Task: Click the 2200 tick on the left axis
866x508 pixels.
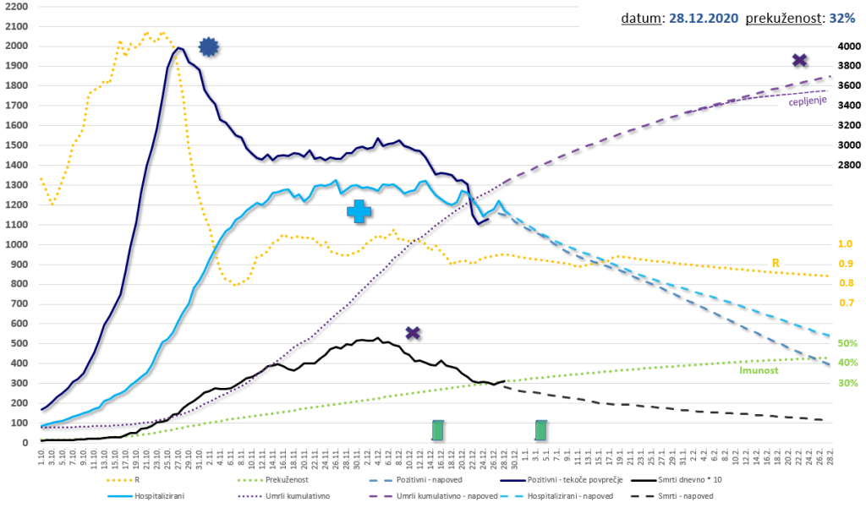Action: pyautogui.click(x=16, y=7)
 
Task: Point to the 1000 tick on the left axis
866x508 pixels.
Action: pyautogui.click(x=16, y=244)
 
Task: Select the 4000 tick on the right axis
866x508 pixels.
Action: pyautogui.click(x=848, y=46)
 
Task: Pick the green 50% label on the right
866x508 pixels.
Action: pyautogui.click(x=847, y=343)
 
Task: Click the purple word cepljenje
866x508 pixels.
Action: pyautogui.click(x=808, y=102)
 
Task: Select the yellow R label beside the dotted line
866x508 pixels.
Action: pyautogui.click(x=776, y=264)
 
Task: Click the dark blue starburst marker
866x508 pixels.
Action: pyautogui.click(x=209, y=48)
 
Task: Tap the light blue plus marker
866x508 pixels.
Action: pyautogui.click(x=359, y=211)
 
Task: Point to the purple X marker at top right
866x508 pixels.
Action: pyautogui.click(x=799, y=60)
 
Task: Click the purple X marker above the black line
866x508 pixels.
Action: pyautogui.click(x=413, y=333)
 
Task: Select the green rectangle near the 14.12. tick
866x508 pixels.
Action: pyautogui.click(x=437, y=430)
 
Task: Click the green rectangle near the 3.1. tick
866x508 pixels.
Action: pyautogui.click(x=541, y=430)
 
